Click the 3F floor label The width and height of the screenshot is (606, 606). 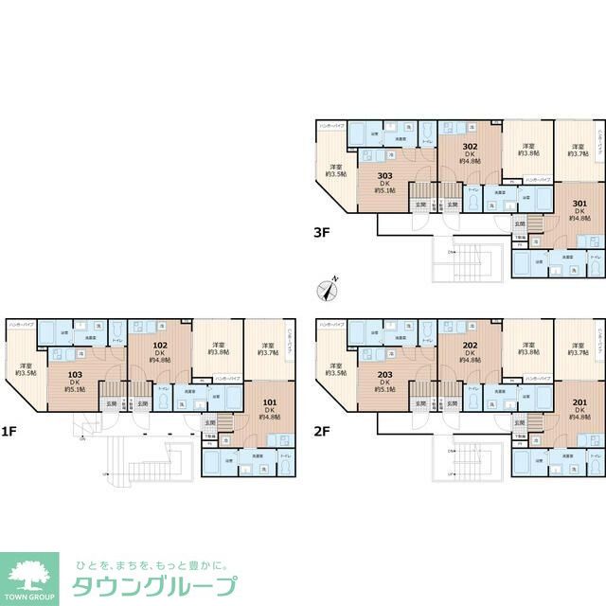tap(324, 229)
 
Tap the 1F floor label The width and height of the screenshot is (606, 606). tap(9, 432)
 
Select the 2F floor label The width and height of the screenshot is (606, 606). tap(324, 432)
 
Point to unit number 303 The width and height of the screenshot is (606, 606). tap(384, 175)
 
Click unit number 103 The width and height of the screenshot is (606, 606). tap(73, 376)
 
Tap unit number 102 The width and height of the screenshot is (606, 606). tap(159, 346)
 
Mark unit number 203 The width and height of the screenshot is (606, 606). tap(384, 376)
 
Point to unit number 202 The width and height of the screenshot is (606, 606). tap(469, 346)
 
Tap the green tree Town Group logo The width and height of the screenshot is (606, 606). tap(30, 577)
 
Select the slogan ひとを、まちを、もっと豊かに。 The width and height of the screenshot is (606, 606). tap(151, 561)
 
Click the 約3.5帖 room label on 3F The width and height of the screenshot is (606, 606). tap(336, 174)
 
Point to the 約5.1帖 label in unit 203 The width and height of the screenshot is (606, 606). tap(384, 391)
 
